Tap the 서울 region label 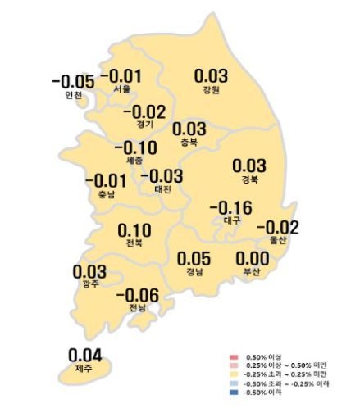pyautogui.click(x=122, y=88)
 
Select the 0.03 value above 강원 pyautogui.click(x=210, y=75)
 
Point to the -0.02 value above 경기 pyautogui.click(x=144, y=111)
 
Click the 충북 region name pyautogui.click(x=189, y=142)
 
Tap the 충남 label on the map pyautogui.click(x=95, y=194)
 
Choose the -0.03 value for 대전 pyautogui.click(x=162, y=175)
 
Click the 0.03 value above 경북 pyautogui.click(x=249, y=166)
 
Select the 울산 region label pyautogui.click(x=278, y=240)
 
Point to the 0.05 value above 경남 pyautogui.click(x=195, y=258)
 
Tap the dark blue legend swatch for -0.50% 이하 pyautogui.click(x=234, y=390)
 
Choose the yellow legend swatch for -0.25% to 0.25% pyautogui.click(x=234, y=374)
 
